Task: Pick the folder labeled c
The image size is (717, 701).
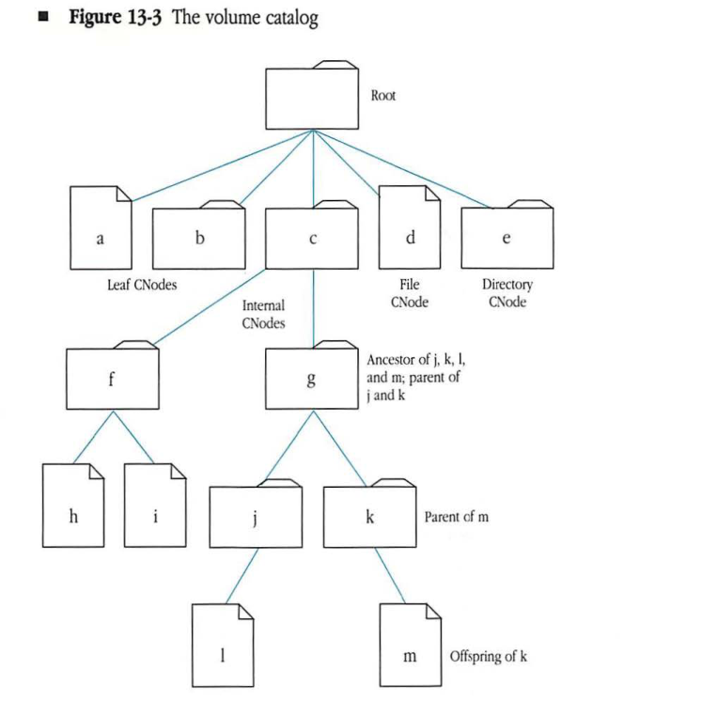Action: [312, 239]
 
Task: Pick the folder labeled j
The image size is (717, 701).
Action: [256, 518]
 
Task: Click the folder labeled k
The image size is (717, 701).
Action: [369, 518]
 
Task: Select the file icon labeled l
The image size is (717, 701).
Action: [223, 651]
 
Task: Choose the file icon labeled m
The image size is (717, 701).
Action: [411, 651]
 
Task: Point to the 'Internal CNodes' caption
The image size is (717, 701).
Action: [263, 315]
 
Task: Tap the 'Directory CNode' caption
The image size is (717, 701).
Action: [507, 292]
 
